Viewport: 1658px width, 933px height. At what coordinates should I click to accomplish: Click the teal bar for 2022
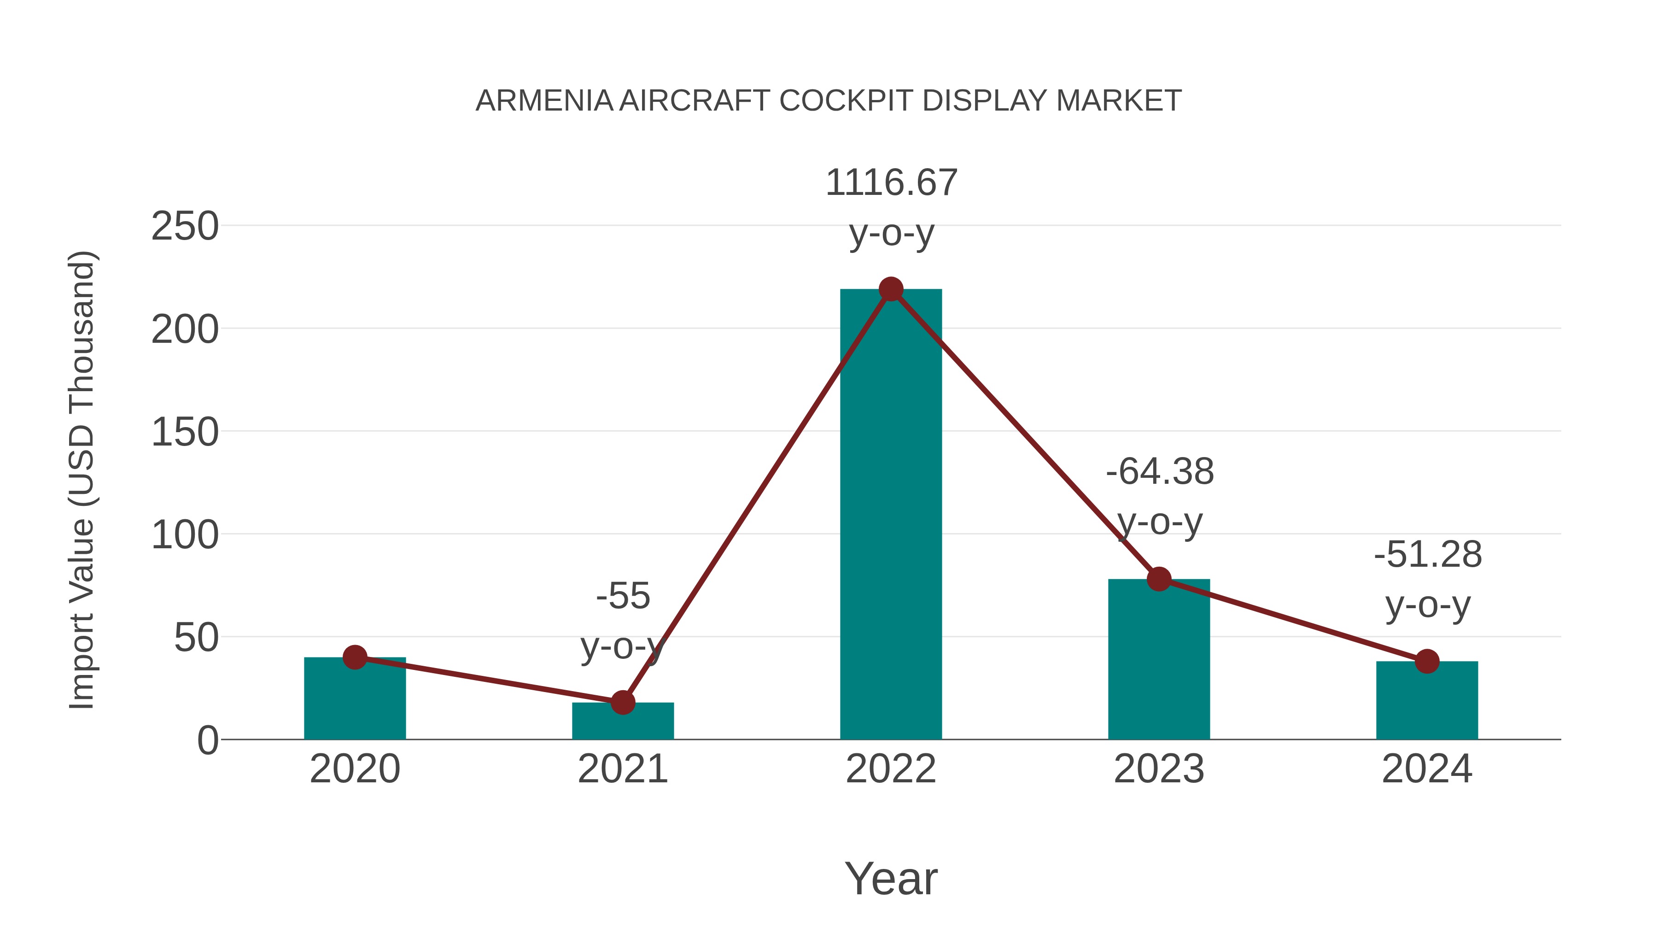pos(891,515)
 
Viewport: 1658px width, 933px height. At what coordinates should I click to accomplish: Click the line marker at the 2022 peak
pos(891,290)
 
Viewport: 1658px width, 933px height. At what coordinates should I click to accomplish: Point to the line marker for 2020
pos(355,657)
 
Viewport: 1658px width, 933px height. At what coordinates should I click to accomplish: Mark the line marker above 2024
pos(1427,661)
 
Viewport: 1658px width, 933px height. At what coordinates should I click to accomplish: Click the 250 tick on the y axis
pos(185,227)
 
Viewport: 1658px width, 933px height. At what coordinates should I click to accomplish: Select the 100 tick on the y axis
pos(185,535)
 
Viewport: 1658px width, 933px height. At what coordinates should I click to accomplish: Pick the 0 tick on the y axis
pos(207,740)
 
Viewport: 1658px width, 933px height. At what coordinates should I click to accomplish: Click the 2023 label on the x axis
pos(1159,769)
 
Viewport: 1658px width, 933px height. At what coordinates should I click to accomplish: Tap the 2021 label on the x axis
pos(622,769)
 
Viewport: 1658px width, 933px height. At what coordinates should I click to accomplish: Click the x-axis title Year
pos(891,879)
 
